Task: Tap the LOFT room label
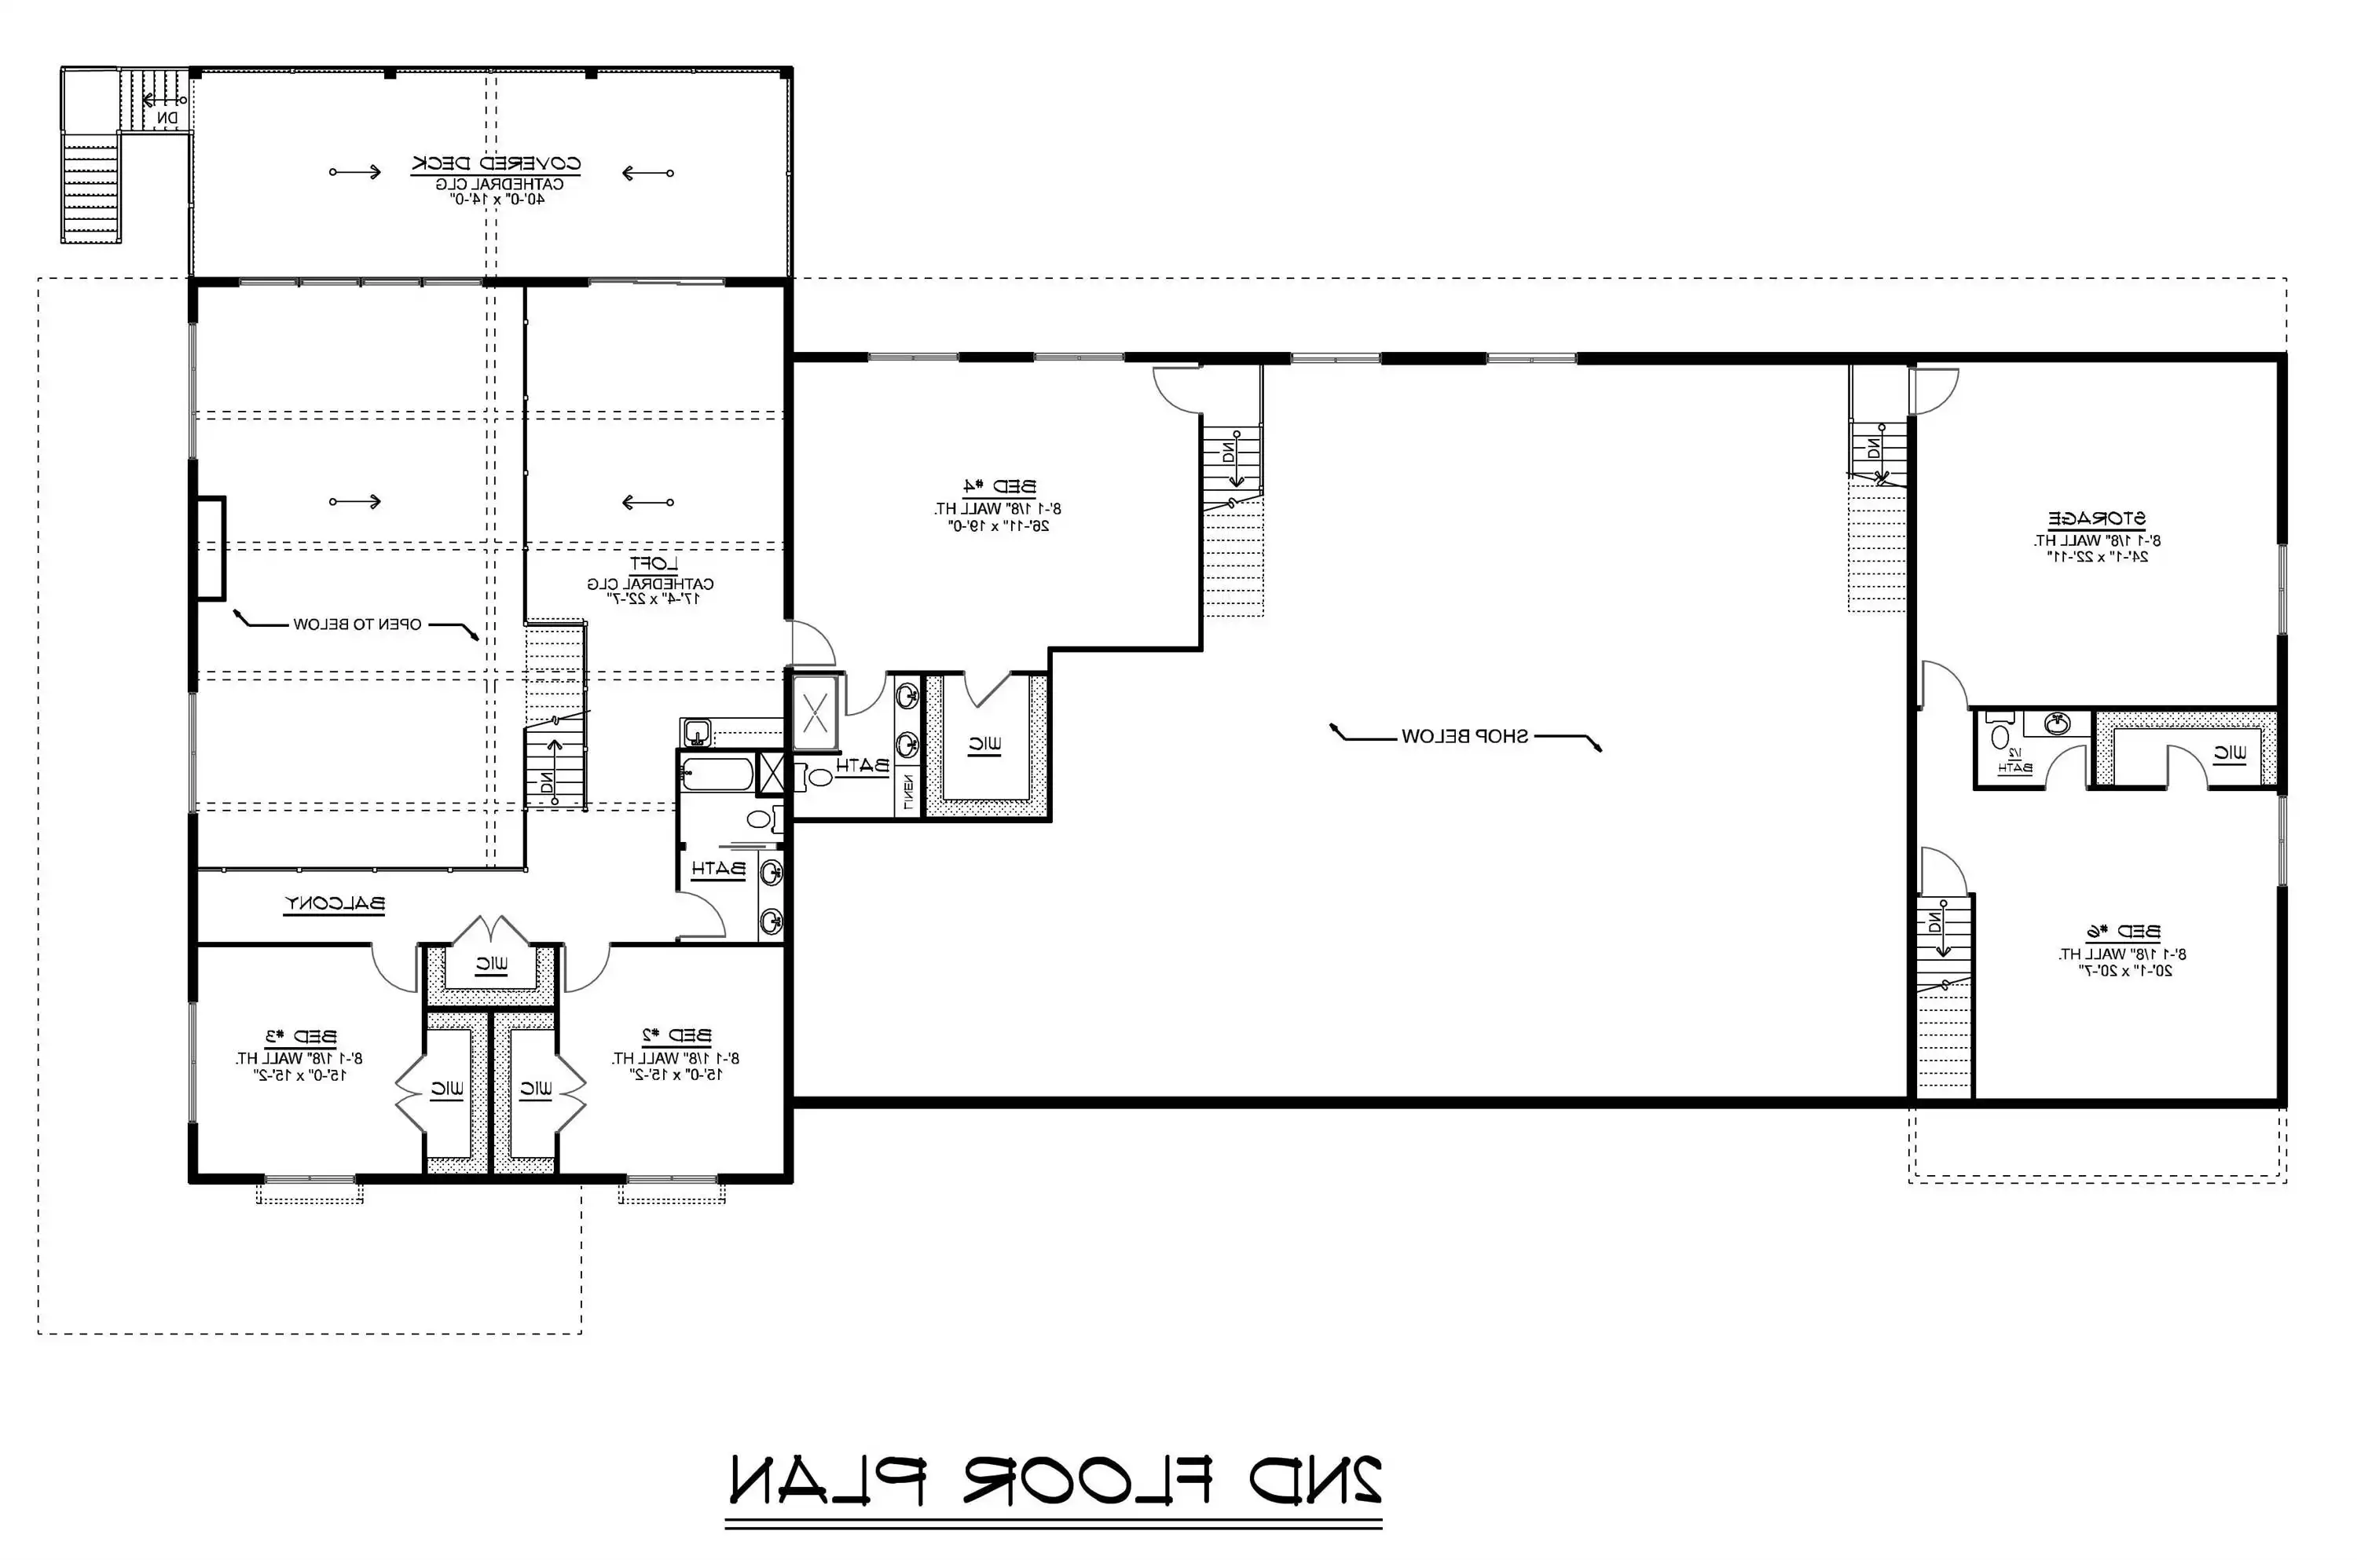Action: [653, 564]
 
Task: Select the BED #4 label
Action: [998, 486]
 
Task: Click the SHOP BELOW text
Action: [1464, 736]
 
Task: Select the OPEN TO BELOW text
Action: [356, 624]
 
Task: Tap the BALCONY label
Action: [334, 903]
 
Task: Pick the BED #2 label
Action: [676, 1036]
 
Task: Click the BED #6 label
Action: [2122, 932]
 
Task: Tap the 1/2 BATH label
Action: [2014, 760]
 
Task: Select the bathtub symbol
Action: [717, 774]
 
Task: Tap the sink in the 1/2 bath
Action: [2055, 724]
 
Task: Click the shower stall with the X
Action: [815, 712]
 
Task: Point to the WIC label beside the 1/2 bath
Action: [2230, 754]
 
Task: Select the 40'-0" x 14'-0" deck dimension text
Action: [496, 199]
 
